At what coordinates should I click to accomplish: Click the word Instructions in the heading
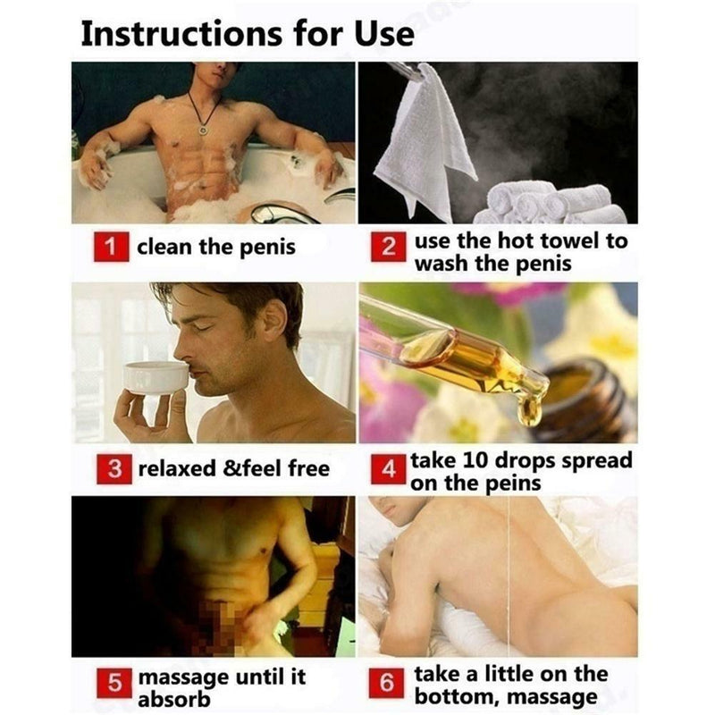coord(184,33)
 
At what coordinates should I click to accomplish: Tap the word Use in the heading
coord(381,33)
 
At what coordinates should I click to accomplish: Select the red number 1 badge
coord(112,247)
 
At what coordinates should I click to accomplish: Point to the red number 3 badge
coord(112,468)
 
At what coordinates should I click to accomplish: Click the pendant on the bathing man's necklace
coord(204,130)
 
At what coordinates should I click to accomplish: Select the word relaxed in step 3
coord(177,468)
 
